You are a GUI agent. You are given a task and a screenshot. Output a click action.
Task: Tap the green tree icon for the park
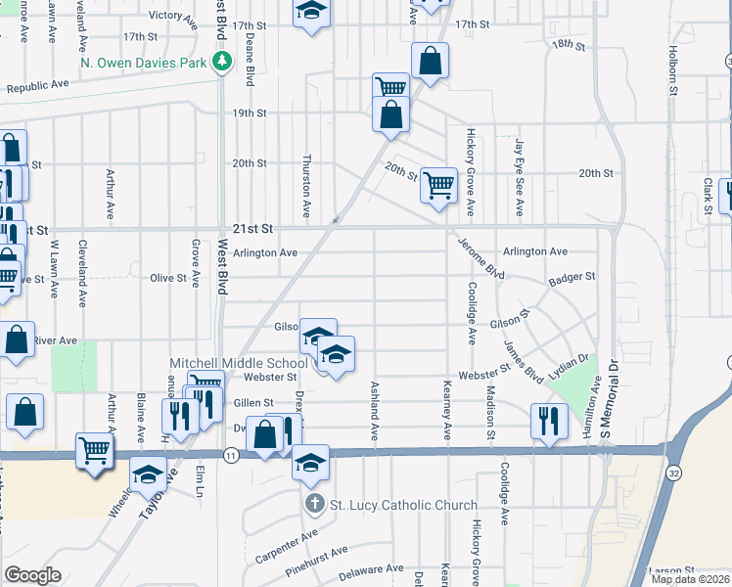[223, 62]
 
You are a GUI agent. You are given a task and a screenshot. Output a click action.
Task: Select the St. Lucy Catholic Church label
[402, 506]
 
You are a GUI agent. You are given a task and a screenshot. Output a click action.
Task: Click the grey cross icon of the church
[314, 506]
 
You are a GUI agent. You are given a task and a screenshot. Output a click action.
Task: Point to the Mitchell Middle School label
[239, 362]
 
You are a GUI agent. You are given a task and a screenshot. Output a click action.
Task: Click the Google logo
[32, 575]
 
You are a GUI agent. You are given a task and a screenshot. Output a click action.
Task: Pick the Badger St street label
[572, 277]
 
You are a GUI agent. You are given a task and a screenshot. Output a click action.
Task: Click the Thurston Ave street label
[306, 185]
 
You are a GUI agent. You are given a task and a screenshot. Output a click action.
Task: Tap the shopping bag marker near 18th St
[430, 61]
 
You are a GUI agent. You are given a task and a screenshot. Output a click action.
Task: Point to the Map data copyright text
[690, 579]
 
